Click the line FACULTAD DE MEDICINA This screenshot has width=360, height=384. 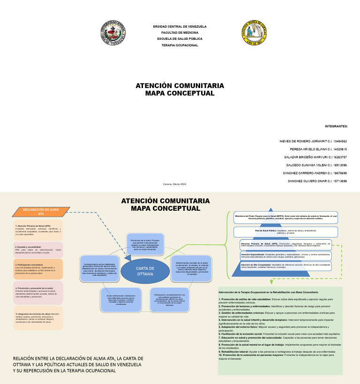pyautogui.click(x=180, y=33)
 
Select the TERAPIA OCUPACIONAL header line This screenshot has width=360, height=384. pyautogui.click(x=180, y=45)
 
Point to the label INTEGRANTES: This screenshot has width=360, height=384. pyautogui.click(x=336, y=126)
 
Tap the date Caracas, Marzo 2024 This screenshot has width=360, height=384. pyautogui.click(x=175, y=183)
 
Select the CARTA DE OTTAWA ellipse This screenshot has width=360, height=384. pyautogui.click(x=145, y=271)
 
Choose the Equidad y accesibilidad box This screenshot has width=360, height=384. pyautogui.click(x=38, y=250)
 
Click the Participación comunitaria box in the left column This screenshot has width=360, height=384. pyautogui.click(x=38, y=269)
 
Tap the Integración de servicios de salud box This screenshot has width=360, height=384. pyautogui.click(x=38, y=318)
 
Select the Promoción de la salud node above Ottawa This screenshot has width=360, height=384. pyautogui.click(x=145, y=244)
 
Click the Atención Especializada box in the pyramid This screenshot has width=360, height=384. pyautogui.click(x=286, y=256)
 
